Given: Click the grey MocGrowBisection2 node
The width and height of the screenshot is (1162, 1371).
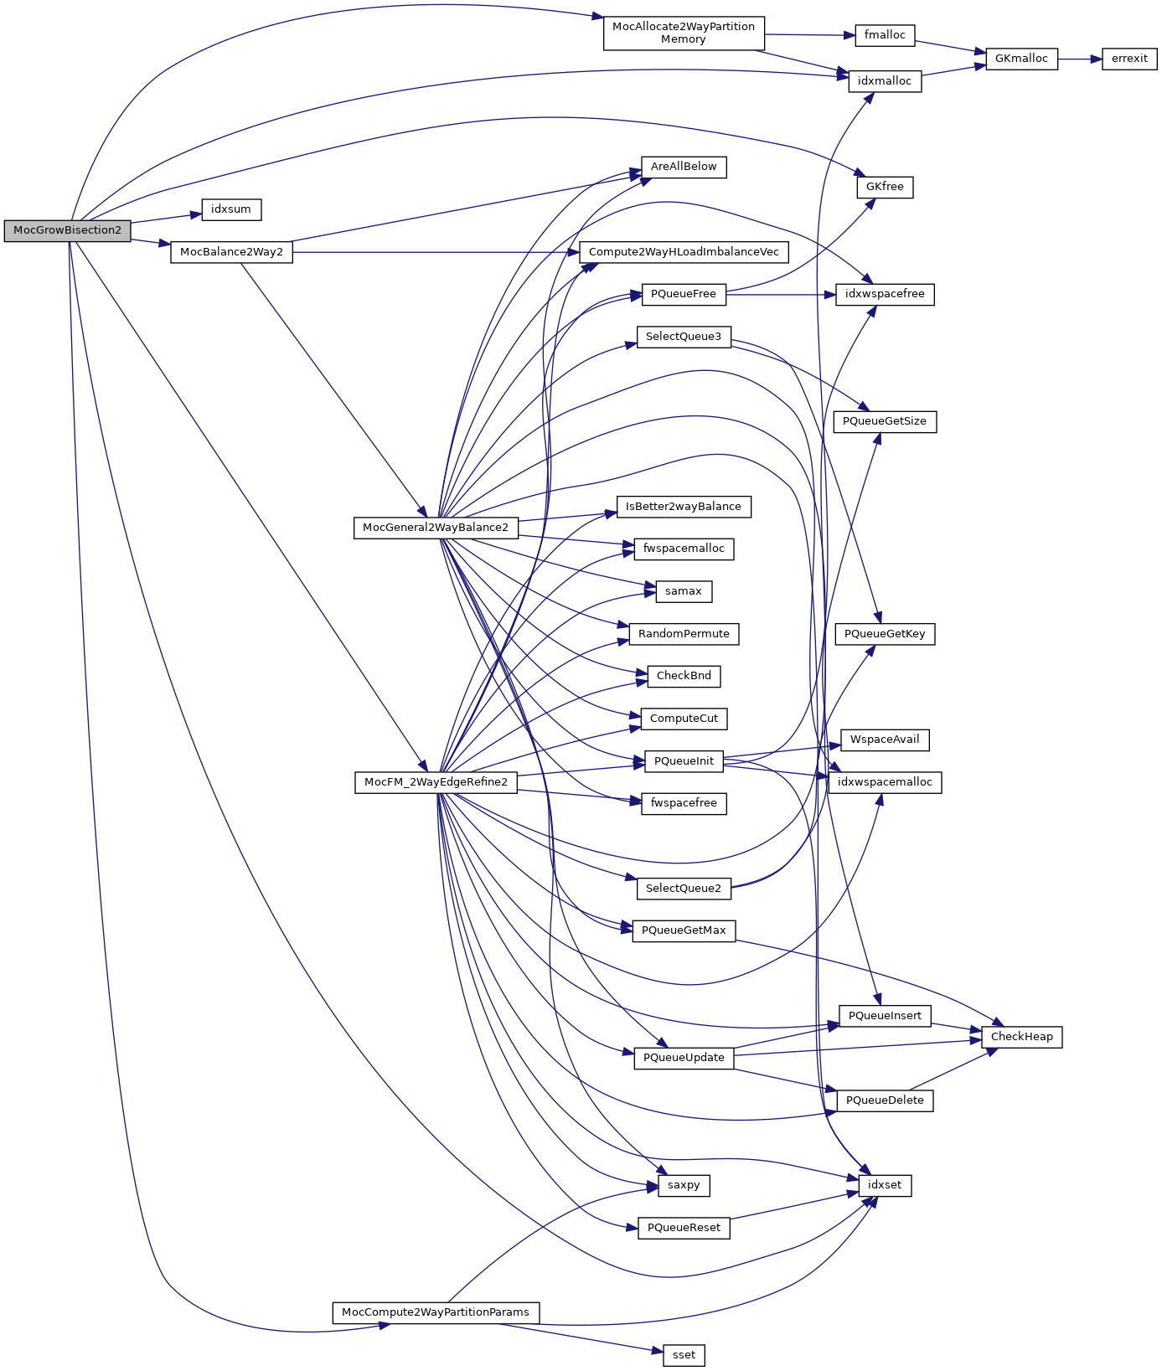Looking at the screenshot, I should pyautogui.click(x=67, y=231).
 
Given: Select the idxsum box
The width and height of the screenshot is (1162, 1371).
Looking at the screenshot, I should pyautogui.click(x=231, y=209).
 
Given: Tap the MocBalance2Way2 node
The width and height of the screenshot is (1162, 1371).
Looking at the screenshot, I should pyautogui.click(x=231, y=252).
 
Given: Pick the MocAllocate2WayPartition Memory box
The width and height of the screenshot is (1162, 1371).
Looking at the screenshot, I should pyautogui.click(x=684, y=33).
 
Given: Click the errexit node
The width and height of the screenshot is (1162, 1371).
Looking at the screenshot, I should pyautogui.click(x=1128, y=59).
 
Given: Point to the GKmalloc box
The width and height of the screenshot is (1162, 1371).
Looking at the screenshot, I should pyautogui.click(x=1021, y=59).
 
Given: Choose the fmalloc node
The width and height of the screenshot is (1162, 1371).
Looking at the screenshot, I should pyautogui.click(x=885, y=35).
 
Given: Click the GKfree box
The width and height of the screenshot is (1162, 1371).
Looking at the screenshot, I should pyautogui.click(x=885, y=187).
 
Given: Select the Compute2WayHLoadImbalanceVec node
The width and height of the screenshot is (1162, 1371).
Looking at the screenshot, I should pyautogui.click(x=684, y=252).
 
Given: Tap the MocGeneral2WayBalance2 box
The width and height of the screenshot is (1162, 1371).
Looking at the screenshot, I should pyautogui.click(x=436, y=528).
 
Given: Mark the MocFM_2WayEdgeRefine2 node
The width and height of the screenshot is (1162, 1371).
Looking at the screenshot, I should pyautogui.click(x=436, y=782).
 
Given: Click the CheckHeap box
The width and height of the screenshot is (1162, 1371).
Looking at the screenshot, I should pyautogui.click(x=1021, y=1037).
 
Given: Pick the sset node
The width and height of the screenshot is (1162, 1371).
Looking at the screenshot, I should pyautogui.click(x=684, y=1355).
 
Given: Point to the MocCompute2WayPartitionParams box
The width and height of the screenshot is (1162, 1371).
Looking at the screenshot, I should pyautogui.click(x=436, y=1312).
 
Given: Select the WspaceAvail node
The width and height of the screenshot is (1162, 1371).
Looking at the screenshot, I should pyautogui.click(x=885, y=740).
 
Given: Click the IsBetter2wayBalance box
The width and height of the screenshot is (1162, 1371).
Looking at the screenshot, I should pyautogui.click(x=684, y=507).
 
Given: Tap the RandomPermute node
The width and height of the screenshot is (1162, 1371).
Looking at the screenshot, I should pyautogui.click(x=684, y=634).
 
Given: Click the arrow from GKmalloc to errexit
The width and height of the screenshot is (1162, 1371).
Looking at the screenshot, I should pyautogui.click(x=1080, y=59).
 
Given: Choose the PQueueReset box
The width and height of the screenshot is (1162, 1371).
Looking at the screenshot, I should pyautogui.click(x=684, y=1228).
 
